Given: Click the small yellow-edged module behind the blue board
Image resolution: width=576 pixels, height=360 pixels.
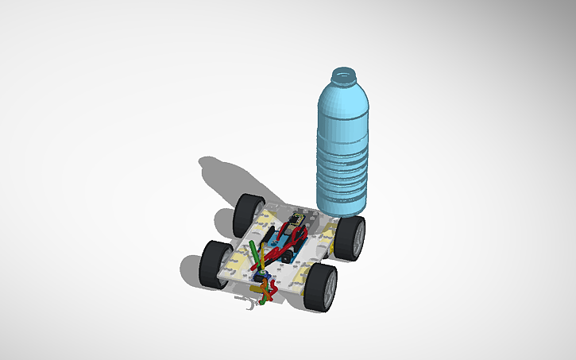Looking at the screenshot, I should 296,216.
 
